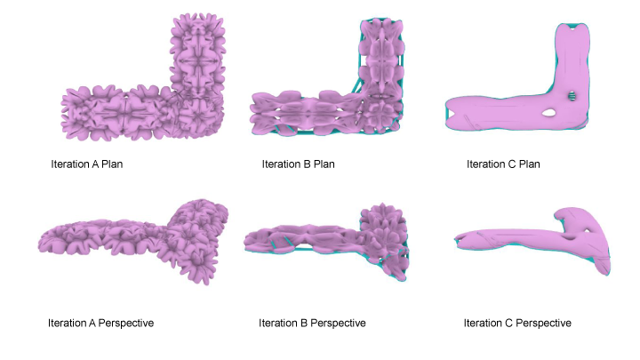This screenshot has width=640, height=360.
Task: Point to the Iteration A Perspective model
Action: pos(135,241)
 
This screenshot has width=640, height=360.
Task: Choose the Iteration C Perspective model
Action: pos(531,236)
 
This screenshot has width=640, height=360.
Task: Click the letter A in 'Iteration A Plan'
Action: pos(95,164)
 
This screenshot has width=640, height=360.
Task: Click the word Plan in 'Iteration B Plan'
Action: pos(324,164)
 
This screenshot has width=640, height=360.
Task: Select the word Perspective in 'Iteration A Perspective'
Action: pos(126,324)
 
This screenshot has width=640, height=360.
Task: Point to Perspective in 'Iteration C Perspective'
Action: pos(543,324)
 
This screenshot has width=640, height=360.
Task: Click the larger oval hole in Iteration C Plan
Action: pos(549,112)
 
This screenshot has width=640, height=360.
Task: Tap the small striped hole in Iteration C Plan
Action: pos(572,96)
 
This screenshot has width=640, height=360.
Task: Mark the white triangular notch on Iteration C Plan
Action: pos(451,114)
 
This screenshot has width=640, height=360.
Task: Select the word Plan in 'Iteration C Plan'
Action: pos(530,164)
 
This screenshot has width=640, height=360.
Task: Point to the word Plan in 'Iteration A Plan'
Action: pos(112,164)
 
